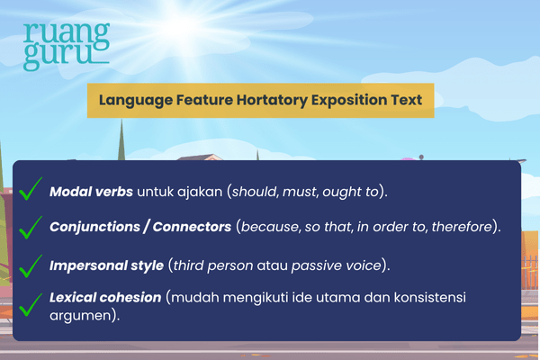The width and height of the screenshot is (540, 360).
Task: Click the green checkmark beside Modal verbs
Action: (x=31, y=189)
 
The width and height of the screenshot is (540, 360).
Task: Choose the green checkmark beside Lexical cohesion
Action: (x=31, y=304)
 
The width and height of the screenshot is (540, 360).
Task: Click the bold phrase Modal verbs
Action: (x=90, y=192)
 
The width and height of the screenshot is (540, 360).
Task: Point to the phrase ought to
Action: (x=355, y=192)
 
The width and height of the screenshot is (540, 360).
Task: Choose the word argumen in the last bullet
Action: (x=78, y=316)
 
